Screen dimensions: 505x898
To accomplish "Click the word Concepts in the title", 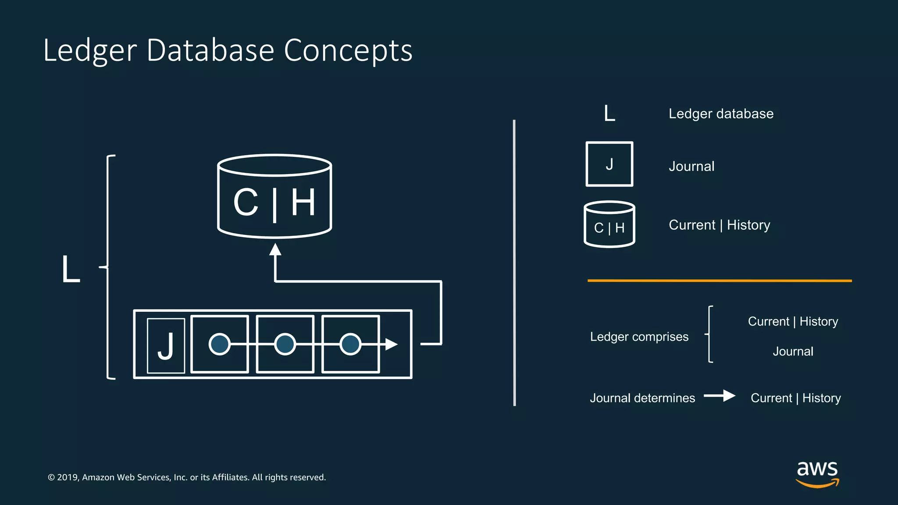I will tap(348, 50).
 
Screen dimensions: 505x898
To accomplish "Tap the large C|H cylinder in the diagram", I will tap(274, 197).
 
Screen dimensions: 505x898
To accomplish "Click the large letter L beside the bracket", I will tap(71, 269).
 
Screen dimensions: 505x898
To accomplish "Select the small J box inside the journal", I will tap(166, 346).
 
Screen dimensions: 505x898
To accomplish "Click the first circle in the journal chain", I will tap(219, 344).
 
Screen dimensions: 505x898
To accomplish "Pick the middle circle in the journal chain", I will tap(285, 344).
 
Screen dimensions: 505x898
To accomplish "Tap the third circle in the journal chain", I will tap(350, 344).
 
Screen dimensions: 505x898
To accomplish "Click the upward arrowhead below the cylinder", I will tap(275, 250).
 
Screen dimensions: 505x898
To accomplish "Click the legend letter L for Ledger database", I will tap(609, 114).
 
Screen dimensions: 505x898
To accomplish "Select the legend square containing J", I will tap(609, 164).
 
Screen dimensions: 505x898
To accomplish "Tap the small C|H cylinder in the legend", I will tap(609, 225).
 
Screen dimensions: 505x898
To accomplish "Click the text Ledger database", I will tap(721, 114).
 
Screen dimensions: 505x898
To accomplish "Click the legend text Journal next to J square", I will tap(691, 167).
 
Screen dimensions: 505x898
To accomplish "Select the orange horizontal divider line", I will tap(719, 281).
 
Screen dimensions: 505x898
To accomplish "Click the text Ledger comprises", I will tap(639, 337).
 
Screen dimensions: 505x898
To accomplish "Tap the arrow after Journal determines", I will tap(720, 396).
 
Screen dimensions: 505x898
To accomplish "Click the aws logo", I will tap(817, 473).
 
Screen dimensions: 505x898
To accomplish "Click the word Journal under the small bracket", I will tap(793, 352).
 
